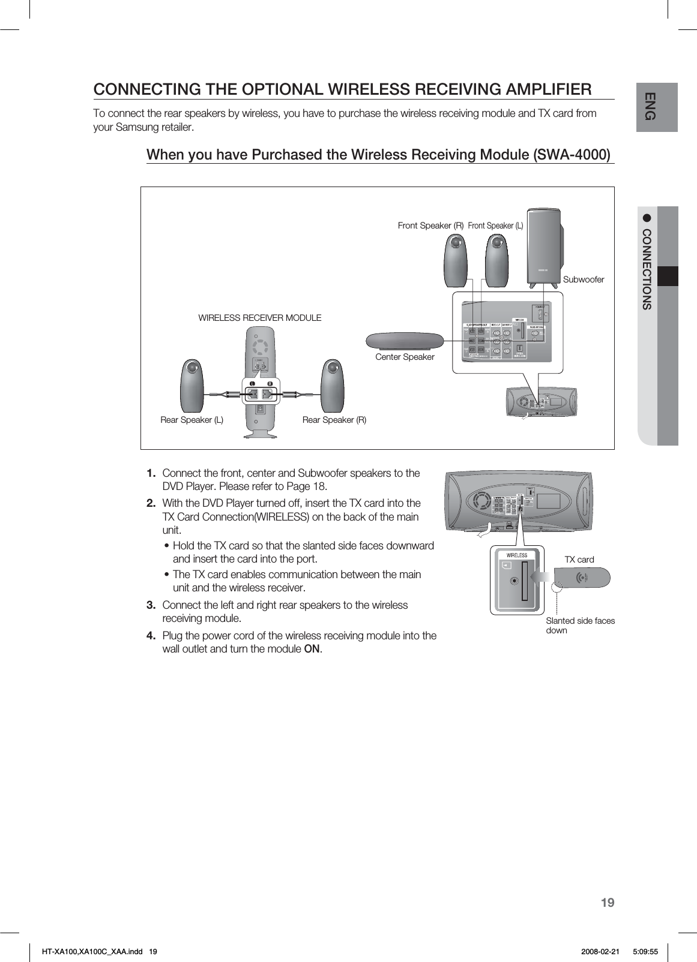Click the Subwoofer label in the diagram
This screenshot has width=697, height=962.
(583, 279)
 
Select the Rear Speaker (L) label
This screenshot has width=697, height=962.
(192, 420)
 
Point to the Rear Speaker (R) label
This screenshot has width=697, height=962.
(334, 420)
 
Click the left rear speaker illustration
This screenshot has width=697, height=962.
(193, 386)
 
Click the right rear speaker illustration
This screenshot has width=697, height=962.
(332, 386)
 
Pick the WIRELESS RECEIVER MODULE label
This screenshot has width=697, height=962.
(259, 318)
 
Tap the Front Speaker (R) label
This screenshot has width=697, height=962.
(430, 226)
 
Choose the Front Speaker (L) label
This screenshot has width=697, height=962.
(495, 226)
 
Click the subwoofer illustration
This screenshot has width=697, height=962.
(545, 246)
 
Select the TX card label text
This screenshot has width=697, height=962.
(579, 560)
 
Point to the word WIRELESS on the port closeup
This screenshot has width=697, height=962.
(514, 555)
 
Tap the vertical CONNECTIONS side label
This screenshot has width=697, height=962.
(647, 269)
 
